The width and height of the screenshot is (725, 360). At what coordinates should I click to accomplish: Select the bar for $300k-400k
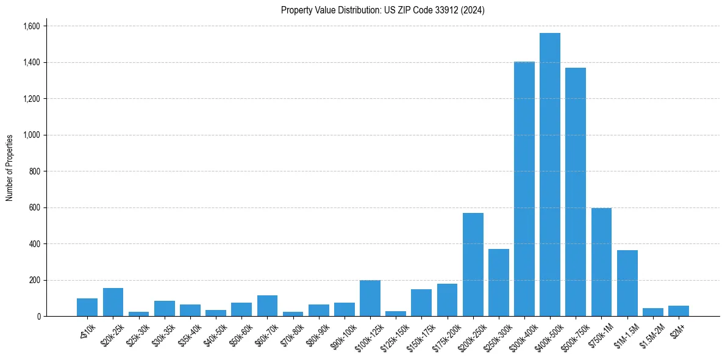pos(524,189)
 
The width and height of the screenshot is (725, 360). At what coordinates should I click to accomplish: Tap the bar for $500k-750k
pos(576,192)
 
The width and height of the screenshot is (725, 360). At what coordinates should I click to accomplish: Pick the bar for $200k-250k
pos(473,265)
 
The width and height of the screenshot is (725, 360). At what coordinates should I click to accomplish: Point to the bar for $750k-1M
pos(601,262)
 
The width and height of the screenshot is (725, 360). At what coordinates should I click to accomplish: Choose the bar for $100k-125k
pos(370,298)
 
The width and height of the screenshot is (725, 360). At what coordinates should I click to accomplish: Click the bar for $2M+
pos(679,311)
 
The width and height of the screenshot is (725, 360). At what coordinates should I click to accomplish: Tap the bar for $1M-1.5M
pos(627,283)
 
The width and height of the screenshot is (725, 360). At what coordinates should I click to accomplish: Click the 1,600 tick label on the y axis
pos(31,26)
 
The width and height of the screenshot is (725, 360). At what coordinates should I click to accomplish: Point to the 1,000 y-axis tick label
pos(31,135)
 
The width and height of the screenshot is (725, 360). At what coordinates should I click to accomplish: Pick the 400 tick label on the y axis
pos(34,244)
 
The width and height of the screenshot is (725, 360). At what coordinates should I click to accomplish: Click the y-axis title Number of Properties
pos(10,168)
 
